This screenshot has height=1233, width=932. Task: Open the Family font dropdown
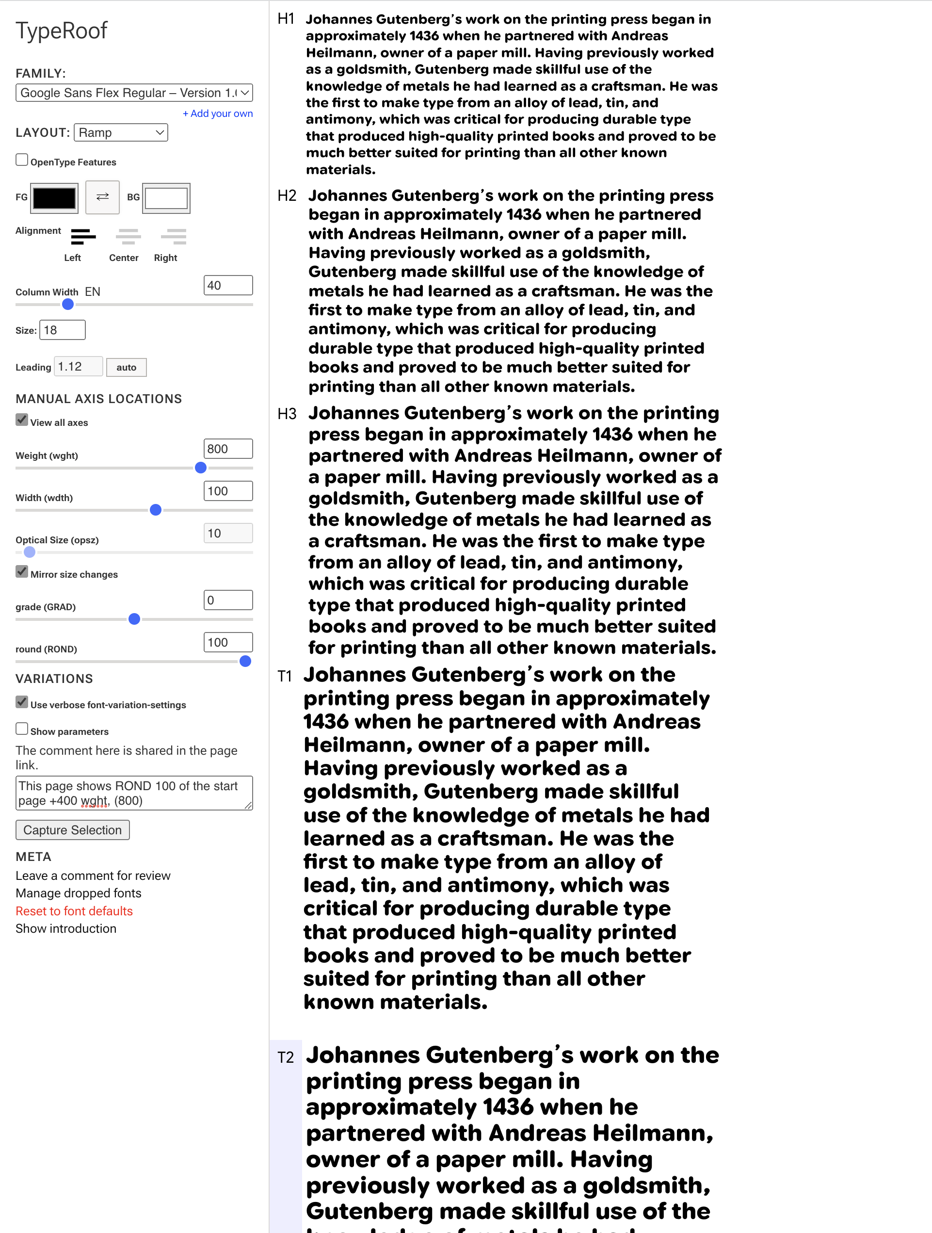[x=134, y=93]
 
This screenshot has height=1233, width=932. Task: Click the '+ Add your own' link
[x=217, y=114]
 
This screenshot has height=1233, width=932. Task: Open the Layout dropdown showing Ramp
[x=120, y=133]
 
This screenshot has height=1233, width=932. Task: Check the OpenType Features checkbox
[x=22, y=161]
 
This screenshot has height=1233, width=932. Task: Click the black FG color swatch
[x=54, y=198]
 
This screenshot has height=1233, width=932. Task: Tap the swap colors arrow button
[x=103, y=197]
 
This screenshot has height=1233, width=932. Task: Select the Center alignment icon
[x=128, y=237]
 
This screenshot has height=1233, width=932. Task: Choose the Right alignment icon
[x=174, y=237]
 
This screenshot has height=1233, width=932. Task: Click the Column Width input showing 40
[x=227, y=285]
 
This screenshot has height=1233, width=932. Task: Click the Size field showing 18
[x=62, y=330]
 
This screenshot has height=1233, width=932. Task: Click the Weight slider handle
[x=201, y=468]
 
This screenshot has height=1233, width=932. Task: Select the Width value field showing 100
[x=227, y=491]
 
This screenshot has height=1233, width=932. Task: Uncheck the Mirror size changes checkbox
[x=22, y=572]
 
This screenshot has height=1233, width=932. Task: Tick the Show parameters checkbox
[x=22, y=729]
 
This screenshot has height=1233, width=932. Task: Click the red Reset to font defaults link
[x=74, y=911]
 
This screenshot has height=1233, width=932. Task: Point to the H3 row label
[x=287, y=414]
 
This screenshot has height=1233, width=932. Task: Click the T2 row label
[x=286, y=1057]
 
